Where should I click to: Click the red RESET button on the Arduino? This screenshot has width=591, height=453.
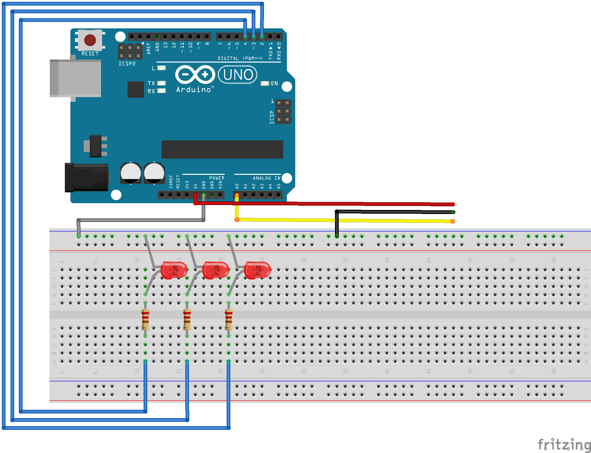pos(90,40)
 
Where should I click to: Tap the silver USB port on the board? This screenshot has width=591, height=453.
pos(75,78)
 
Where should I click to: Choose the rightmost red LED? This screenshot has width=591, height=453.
pos(257,270)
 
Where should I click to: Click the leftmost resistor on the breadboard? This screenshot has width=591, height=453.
pos(145,319)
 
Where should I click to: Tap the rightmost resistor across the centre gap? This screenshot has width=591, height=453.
pos(228,319)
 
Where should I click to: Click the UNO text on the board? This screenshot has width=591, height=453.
pos(238,75)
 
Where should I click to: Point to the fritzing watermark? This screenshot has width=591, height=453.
pos(564,444)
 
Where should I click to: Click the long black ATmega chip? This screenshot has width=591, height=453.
pos(222,149)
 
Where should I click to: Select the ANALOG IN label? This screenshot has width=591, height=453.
pos(266,178)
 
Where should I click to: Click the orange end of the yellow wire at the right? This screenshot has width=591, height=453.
pos(452,221)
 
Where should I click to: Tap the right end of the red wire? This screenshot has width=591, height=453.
pos(453,204)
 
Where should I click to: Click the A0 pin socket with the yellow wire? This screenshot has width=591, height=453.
pos(237,195)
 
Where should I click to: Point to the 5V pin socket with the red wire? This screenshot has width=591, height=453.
pos(195,195)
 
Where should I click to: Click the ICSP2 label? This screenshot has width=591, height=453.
pos(127,64)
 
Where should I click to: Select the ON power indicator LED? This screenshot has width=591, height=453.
pos(265,83)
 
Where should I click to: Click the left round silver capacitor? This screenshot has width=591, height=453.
pos(131,173)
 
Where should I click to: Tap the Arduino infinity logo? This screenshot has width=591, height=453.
pos(195,74)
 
